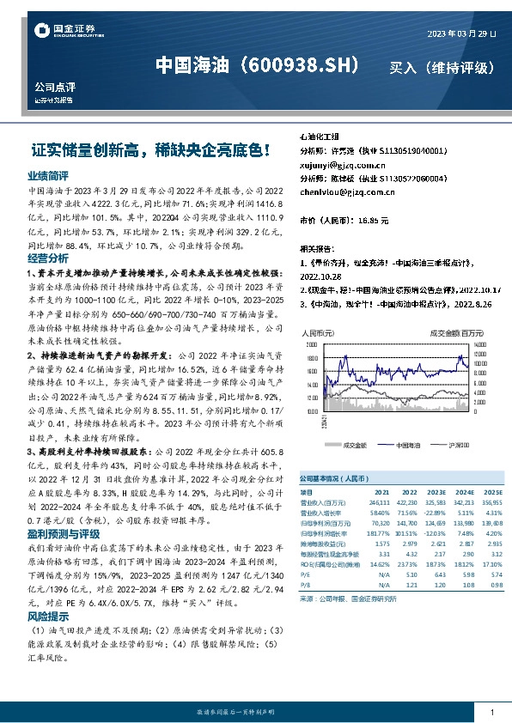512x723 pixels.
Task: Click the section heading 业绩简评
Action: click(48, 174)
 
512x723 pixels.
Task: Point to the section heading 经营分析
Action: click(48, 258)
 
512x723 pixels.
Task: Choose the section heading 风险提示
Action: click(48, 617)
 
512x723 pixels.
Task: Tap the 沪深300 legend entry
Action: click(456, 445)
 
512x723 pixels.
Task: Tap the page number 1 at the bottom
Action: click(491, 712)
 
